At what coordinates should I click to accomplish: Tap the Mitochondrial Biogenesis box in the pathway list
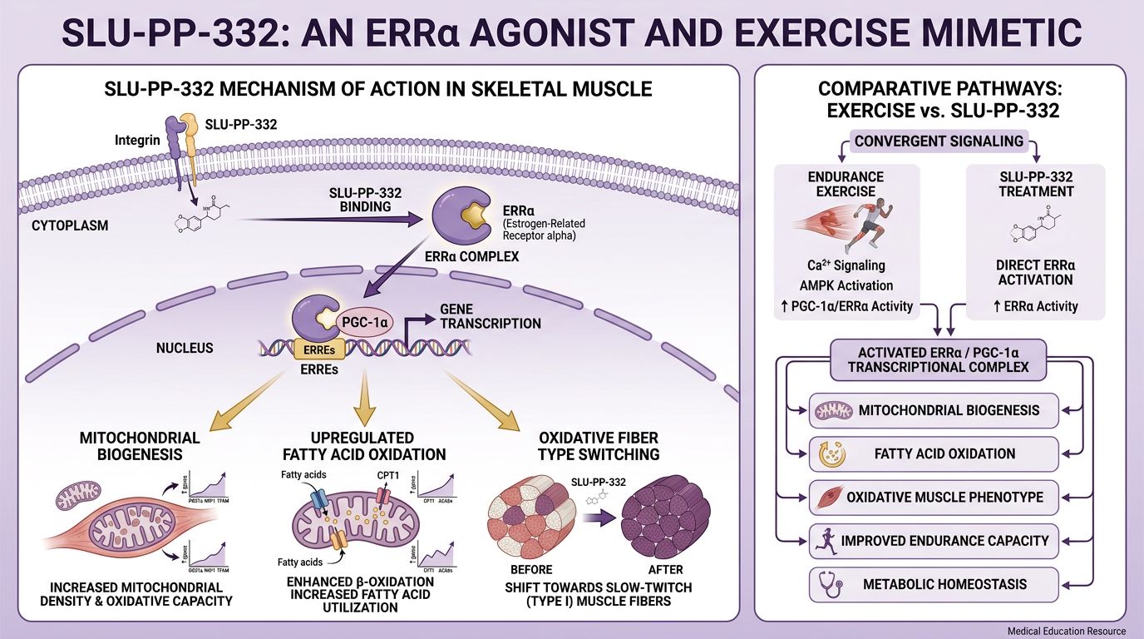pyautogui.click(x=934, y=410)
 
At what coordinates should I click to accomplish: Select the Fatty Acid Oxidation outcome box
pyautogui.click(x=934, y=453)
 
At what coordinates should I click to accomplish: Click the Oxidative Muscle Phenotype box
pyautogui.click(x=934, y=498)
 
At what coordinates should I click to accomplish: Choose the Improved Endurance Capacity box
pyautogui.click(x=934, y=541)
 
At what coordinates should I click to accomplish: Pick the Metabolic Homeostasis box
pyautogui.click(x=934, y=584)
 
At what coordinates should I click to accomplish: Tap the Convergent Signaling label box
pyautogui.click(x=939, y=141)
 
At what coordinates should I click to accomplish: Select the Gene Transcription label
pyautogui.click(x=491, y=316)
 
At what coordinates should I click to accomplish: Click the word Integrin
pyautogui.click(x=137, y=141)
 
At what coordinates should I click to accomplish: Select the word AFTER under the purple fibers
pyautogui.click(x=663, y=570)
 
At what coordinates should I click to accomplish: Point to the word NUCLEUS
pyautogui.click(x=185, y=348)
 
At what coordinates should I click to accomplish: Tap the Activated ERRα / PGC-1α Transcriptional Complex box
pyautogui.click(x=938, y=359)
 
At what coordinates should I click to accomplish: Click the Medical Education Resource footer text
pyautogui.click(x=1066, y=632)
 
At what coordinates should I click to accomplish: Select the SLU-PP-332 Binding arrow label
pyautogui.click(x=366, y=200)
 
